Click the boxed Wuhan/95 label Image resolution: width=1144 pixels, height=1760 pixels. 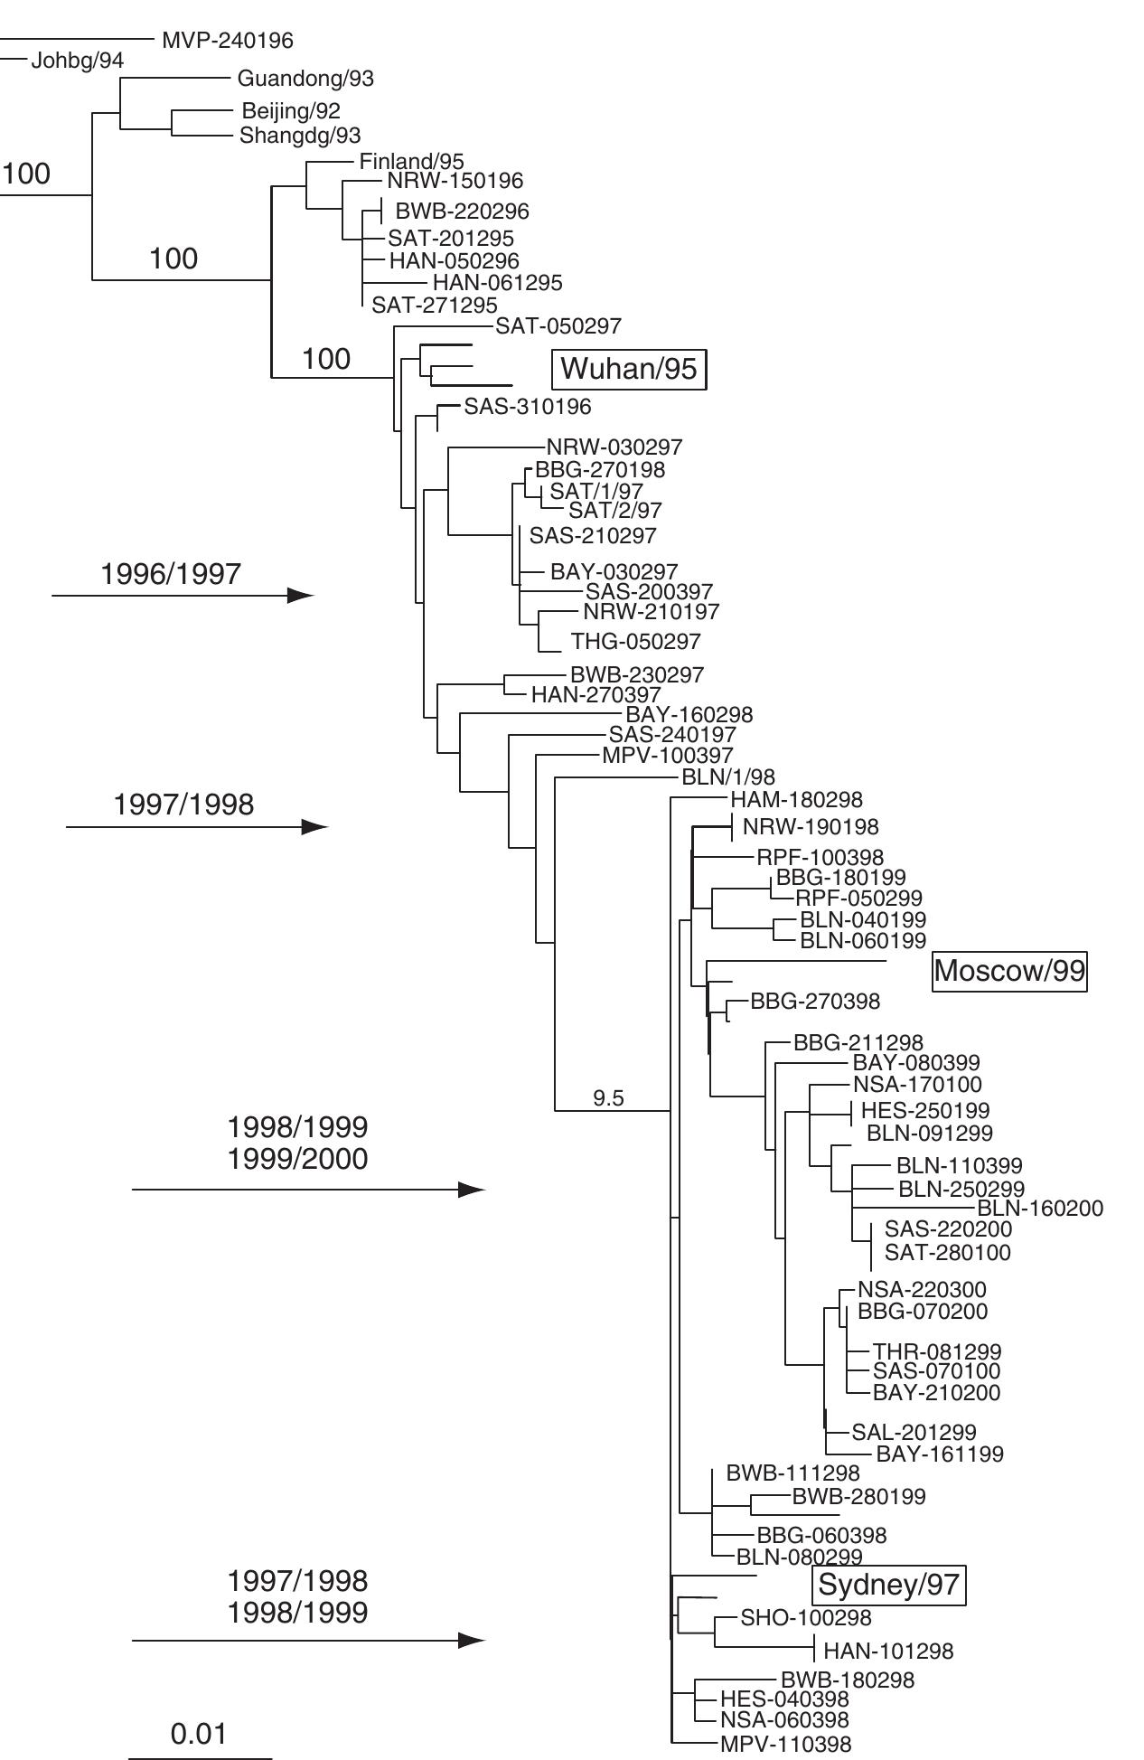tap(628, 369)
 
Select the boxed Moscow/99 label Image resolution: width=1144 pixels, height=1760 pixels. tap(1008, 971)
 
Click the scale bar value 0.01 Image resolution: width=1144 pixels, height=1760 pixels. tap(199, 1734)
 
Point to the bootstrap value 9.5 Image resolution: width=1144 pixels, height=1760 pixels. tap(608, 1098)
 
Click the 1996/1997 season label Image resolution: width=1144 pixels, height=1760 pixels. tap(171, 574)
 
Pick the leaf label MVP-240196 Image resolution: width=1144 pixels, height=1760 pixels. tap(227, 41)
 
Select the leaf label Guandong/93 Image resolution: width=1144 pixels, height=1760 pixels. tap(305, 79)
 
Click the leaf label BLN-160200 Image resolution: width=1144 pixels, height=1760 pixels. tap(1040, 1209)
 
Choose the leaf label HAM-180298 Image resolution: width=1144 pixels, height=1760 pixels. tap(796, 800)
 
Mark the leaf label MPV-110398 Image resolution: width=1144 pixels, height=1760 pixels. tap(785, 1745)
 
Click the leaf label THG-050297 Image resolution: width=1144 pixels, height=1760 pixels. tap(635, 642)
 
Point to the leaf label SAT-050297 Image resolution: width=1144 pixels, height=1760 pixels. tap(558, 325)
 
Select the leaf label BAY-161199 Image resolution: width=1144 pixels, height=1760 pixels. tap(940, 1454)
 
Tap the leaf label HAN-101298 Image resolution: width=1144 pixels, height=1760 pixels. tap(888, 1652)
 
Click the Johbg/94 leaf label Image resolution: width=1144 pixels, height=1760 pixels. tap(77, 61)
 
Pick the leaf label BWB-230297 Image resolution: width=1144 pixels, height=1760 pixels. tap(637, 675)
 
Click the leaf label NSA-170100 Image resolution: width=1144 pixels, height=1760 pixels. tap(917, 1085)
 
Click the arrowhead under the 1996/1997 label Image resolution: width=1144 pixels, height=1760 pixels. tap(300, 595)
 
